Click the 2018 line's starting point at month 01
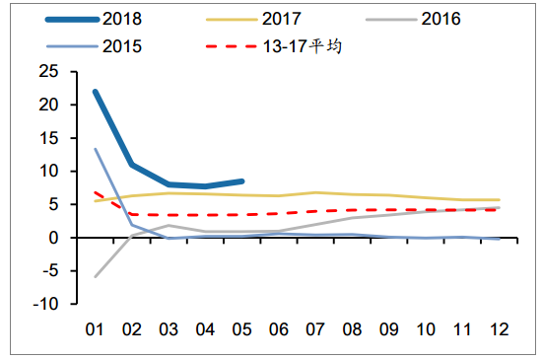[x=95, y=91]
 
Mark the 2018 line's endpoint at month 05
[x=242, y=181]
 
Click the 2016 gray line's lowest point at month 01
[x=95, y=277]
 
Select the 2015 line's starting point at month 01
[x=95, y=149]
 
